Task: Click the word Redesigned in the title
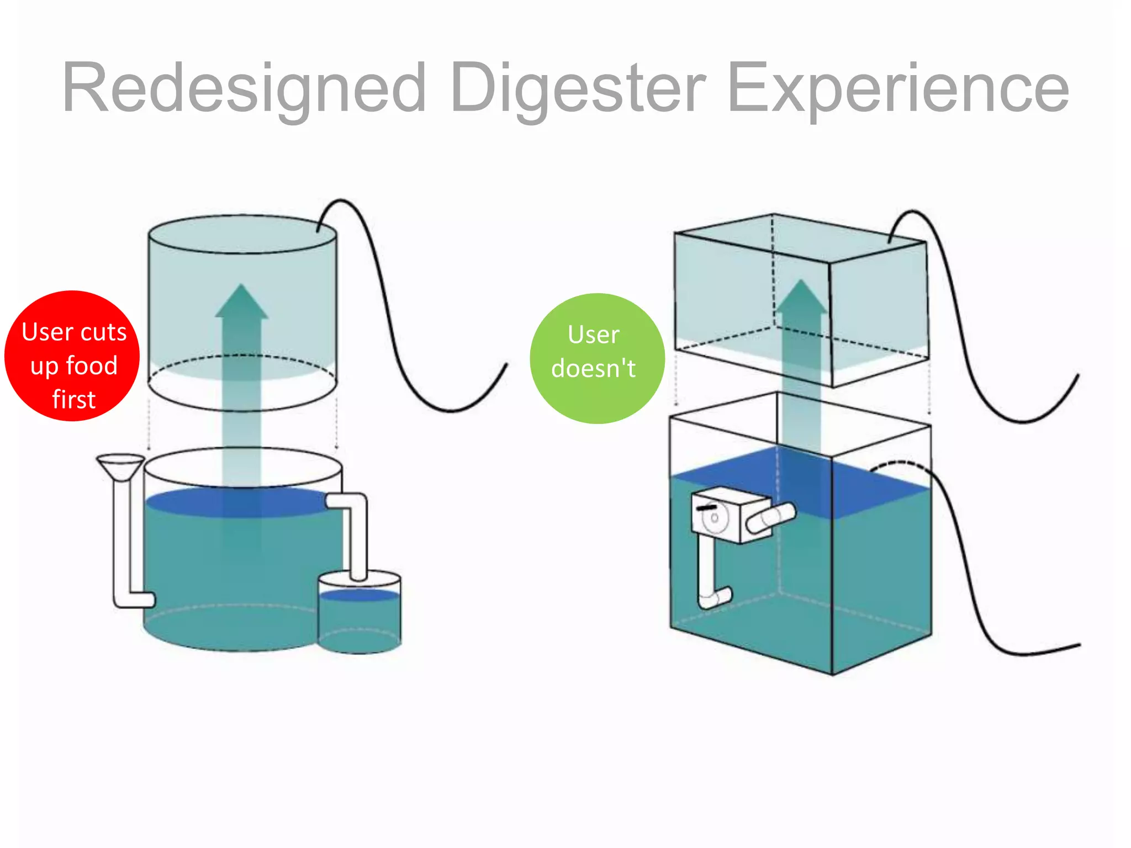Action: pyautogui.click(x=244, y=88)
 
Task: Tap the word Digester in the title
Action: pyautogui.click(x=578, y=88)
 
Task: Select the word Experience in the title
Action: pyautogui.click(x=898, y=88)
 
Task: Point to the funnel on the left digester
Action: pyautogui.click(x=120, y=467)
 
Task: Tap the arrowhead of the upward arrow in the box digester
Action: pyautogui.click(x=801, y=298)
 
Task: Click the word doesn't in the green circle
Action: pyautogui.click(x=594, y=368)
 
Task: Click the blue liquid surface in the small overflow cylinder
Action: pyautogui.click(x=360, y=595)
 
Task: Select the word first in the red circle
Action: pyautogui.click(x=74, y=399)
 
